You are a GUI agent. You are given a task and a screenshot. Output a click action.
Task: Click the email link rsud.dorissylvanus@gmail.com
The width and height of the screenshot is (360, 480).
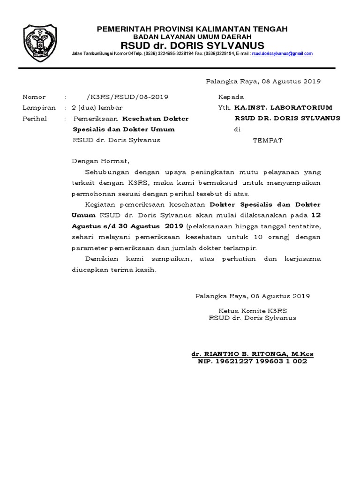coord(282,54)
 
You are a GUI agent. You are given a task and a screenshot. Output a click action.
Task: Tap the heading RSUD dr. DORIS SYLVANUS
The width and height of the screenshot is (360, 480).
coord(192,45)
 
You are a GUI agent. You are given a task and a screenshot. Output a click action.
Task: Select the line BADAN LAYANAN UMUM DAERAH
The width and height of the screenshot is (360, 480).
coord(192,37)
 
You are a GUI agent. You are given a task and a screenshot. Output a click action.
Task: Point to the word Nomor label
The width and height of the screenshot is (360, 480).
coord(32,97)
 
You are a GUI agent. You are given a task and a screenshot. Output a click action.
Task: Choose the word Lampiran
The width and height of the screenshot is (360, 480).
coord(39,107)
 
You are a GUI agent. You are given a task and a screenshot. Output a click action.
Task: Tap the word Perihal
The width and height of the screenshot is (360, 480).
coord(35,119)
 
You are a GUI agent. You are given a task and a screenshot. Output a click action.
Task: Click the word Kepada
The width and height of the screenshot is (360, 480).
coord(231,97)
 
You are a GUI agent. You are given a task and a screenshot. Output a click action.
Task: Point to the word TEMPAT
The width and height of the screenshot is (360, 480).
coord(268,140)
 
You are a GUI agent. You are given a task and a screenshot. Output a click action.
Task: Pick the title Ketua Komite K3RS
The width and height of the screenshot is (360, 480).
coord(253,310)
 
